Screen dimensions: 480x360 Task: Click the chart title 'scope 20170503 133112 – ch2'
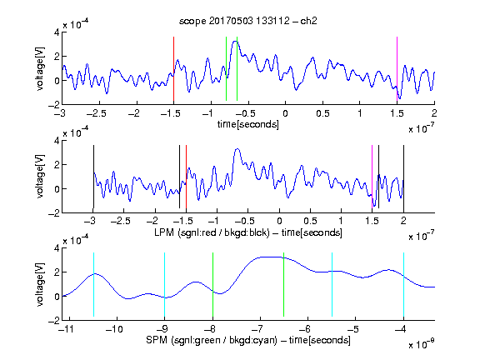(248, 21)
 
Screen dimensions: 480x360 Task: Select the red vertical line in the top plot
(173, 69)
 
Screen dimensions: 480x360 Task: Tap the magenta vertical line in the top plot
(397, 69)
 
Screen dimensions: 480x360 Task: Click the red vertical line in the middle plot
(186, 177)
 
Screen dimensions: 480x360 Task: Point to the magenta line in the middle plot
(372, 177)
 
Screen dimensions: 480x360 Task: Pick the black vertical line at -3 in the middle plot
(93, 177)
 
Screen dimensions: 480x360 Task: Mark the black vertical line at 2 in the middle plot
(403, 177)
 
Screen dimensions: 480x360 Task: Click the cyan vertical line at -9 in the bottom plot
(164, 284)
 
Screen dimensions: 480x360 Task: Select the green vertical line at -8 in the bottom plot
(212, 284)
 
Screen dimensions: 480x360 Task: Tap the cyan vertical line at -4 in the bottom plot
(403, 284)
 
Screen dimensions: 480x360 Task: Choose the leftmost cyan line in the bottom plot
(93, 284)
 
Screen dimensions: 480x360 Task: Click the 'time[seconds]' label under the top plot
(248, 124)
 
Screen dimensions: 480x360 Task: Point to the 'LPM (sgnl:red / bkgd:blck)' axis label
(212, 232)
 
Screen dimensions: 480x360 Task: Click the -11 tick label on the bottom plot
(67, 329)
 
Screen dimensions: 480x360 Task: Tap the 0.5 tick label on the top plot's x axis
(322, 113)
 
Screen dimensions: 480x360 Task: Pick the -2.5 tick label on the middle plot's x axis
(121, 221)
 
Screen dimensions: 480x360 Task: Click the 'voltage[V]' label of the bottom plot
(40, 284)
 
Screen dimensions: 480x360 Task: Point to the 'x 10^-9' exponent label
(422, 344)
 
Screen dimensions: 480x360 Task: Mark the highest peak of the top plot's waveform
(235, 41)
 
